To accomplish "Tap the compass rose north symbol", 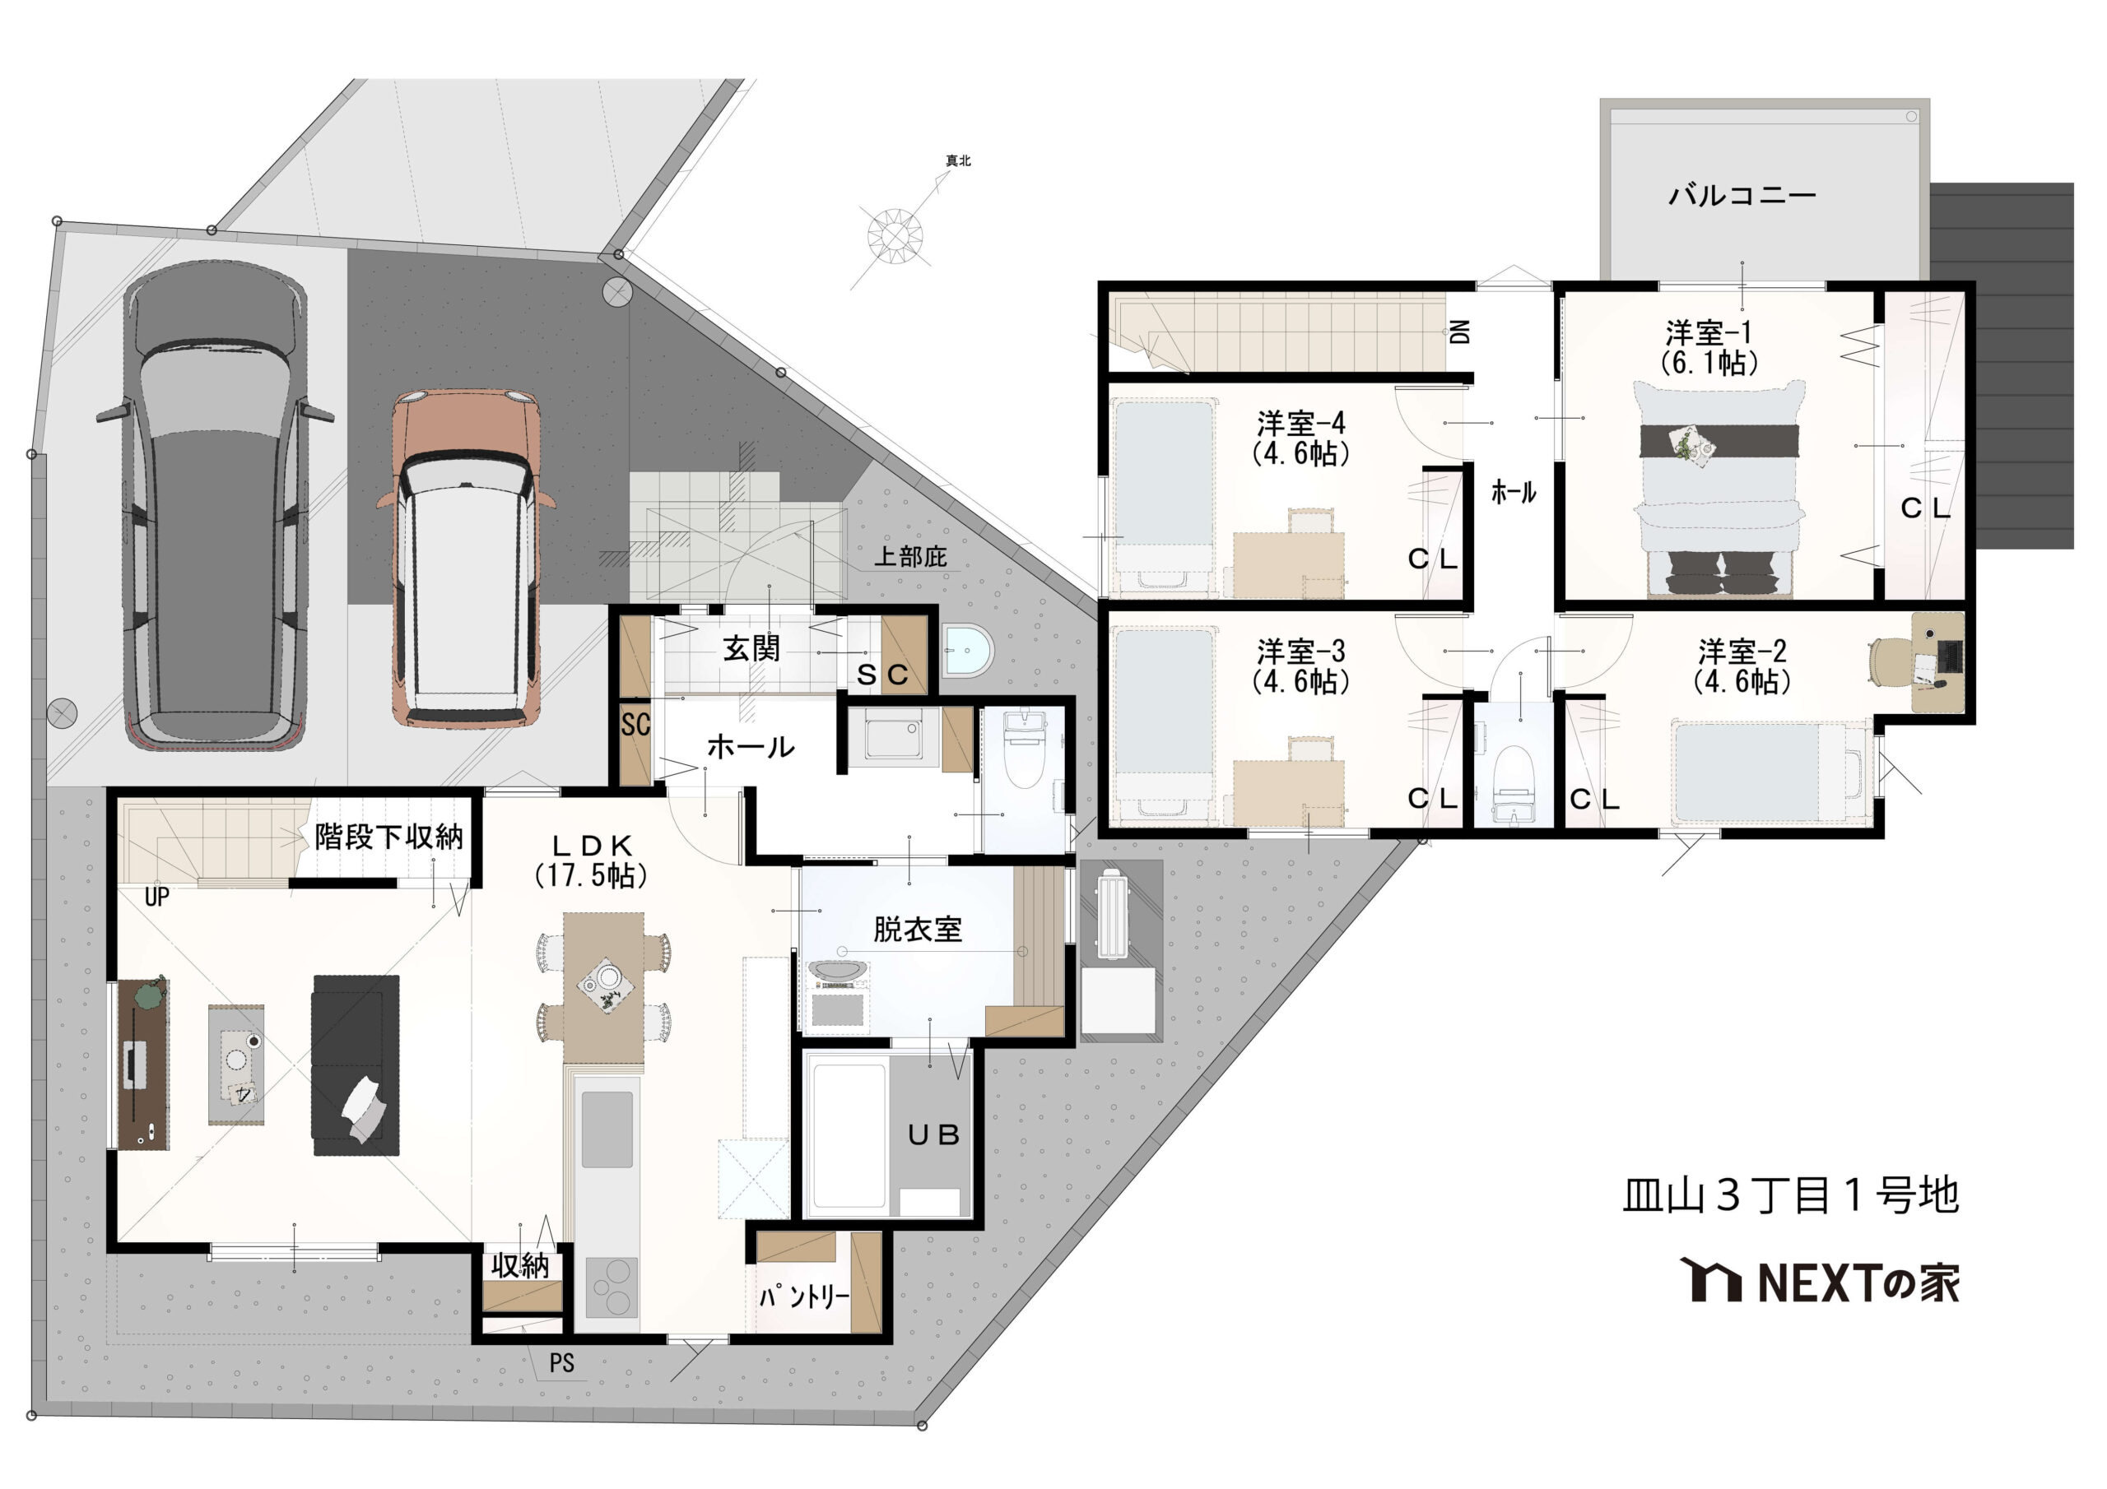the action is pyautogui.click(x=895, y=234).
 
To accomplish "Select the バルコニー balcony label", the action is pyautogui.click(x=1742, y=196).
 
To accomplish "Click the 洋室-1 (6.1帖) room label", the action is pyautogui.click(x=1709, y=348).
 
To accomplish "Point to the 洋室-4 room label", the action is pyautogui.click(x=1300, y=438).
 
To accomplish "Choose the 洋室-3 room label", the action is pyautogui.click(x=1300, y=666).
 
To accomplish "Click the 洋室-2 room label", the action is pyautogui.click(x=1742, y=666).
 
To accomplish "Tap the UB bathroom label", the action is pyautogui.click(x=933, y=1136).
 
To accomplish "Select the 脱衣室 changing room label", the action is pyautogui.click(x=918, y=930).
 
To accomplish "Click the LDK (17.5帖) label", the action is pyautogui.click(x=591, y=860).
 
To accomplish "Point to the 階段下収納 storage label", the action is pyautogui.click(x=389, y=837).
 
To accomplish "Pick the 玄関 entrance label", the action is pyautogui.click(x=751, y=648).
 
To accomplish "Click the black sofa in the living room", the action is pyautogui.click(x=356, y=1065).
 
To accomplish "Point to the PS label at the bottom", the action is pyautogui.click(x=561, y=1363).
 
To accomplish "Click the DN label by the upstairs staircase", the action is pyautogui.click(x=1460, y=332).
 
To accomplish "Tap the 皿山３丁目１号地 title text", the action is pyautogui.click(x=1790, y=1195).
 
